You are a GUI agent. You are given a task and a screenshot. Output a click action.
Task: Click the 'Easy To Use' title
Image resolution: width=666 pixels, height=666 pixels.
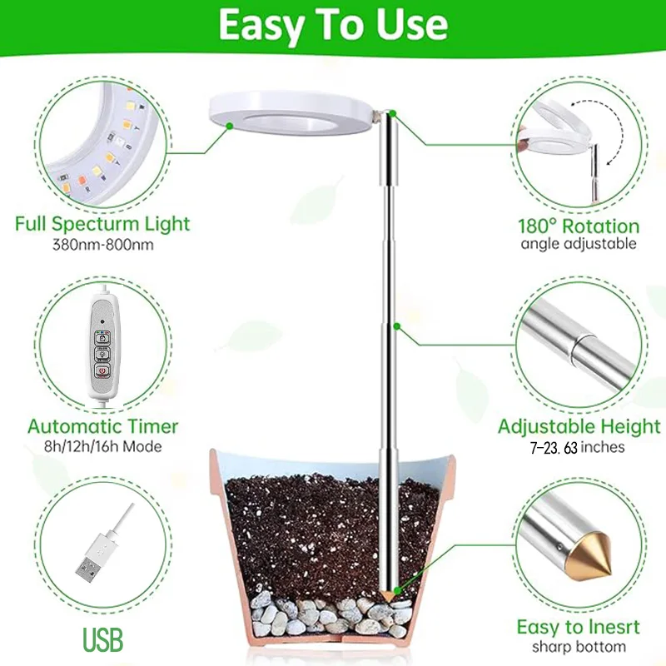coord(333,25)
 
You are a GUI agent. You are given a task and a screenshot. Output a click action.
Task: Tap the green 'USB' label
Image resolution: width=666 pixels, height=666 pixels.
coord(102,639)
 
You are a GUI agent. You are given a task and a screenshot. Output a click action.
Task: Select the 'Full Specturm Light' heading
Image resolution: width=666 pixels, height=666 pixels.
coord(102,224)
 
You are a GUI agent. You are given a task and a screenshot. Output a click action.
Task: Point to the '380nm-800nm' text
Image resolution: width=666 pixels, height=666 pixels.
coord(102,245)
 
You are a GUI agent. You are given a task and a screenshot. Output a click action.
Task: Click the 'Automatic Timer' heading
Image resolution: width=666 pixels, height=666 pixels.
coord(103,426)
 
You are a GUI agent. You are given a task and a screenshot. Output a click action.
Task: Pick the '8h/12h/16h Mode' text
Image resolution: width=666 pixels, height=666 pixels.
coord(103,447)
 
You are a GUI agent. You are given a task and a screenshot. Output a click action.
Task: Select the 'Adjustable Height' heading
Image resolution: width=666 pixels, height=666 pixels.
coord(579,427)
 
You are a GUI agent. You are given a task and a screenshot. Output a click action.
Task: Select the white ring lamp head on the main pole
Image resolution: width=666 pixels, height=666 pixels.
coord(287,112)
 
